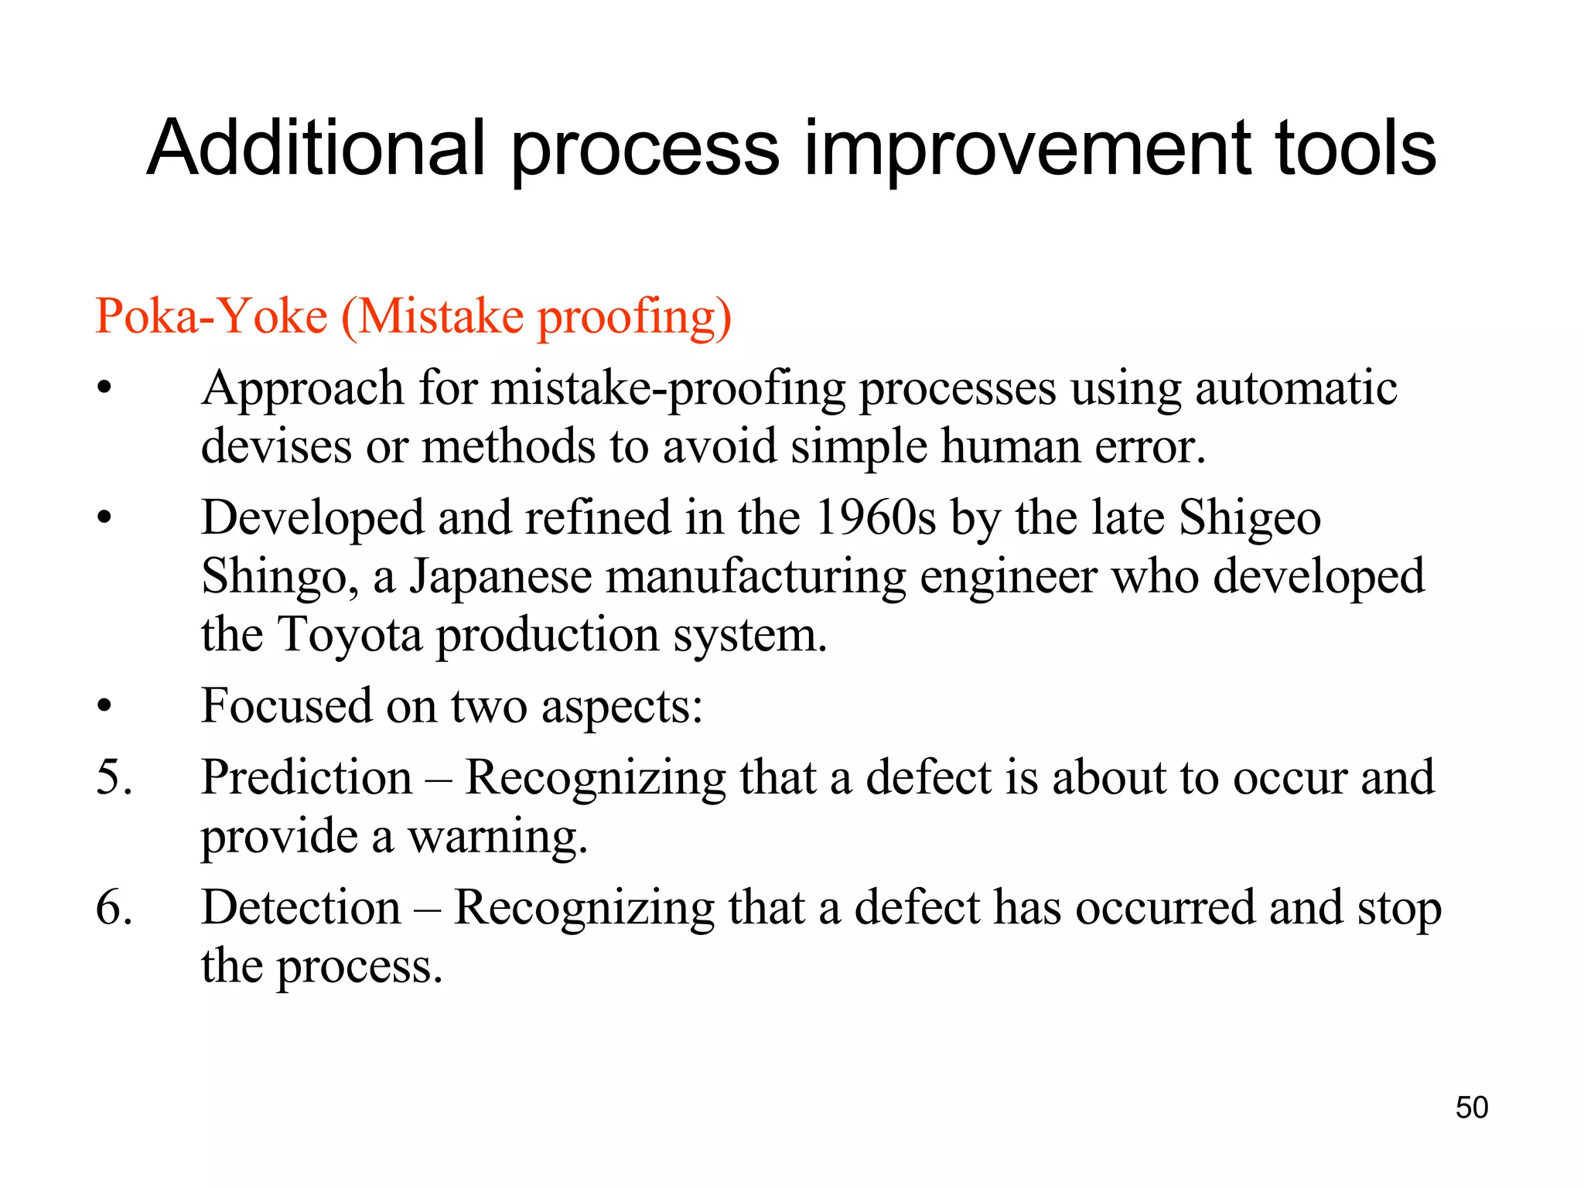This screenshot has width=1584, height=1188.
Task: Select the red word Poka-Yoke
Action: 211,316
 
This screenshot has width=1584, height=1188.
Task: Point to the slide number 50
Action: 1471,1108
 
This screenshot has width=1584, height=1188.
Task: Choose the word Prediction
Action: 306,777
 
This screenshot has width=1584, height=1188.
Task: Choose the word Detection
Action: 301,906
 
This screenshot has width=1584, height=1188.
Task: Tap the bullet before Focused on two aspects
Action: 104,706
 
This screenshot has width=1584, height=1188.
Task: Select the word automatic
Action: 1296,387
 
